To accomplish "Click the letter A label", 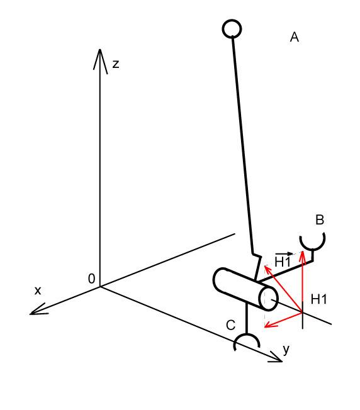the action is [295, 37].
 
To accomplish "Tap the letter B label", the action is [320, 219].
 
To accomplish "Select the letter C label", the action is [230, 325].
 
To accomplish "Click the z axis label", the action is [116, 64].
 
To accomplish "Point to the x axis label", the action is [38, 291].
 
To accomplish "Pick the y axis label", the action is [286, 350].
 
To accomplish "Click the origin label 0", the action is [91, 279].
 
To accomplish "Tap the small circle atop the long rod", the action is [232, 29].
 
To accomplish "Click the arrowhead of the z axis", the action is [100, 60].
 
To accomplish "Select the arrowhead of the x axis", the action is [38, 309].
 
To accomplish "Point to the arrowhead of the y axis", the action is [276, 357].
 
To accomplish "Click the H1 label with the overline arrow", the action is [283, 262].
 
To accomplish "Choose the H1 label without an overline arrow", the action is [319, 299].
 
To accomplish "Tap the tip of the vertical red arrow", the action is [303, 252].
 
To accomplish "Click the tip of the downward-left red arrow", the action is [265, 326].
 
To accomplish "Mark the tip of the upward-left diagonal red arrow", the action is [265, 266].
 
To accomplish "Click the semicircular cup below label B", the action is [312, 247].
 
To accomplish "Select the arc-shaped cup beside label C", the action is [247, 335].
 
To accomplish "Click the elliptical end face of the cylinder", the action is [269, 299].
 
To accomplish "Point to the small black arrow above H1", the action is [284, 253].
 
